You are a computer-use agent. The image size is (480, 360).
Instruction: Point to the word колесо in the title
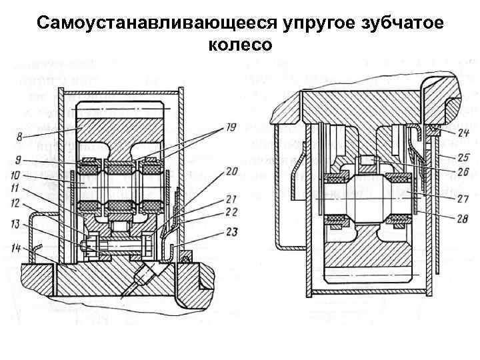pyautogui.click(x=240, y=45)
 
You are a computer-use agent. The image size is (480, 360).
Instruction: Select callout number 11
pyautogui.click(x=15, y=188)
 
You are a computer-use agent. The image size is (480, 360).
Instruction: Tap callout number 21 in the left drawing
pyautogui.click(x=230, y=199)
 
